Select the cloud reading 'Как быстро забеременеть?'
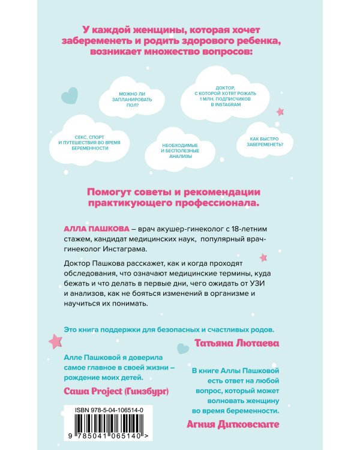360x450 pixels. click(262, 140)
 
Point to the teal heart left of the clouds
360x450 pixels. click(70, 94)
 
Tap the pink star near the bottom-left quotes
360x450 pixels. click(55, 341)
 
